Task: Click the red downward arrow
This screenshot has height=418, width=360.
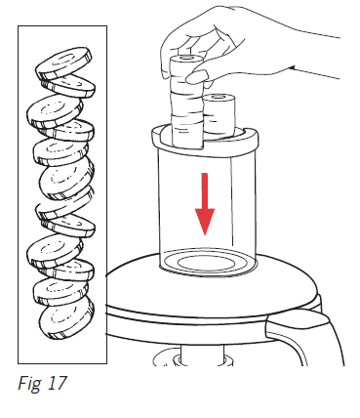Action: click(x=205, y=203)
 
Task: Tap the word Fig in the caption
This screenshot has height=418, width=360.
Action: click(x=29, y=384)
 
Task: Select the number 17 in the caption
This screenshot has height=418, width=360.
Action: click(x=58, y=383)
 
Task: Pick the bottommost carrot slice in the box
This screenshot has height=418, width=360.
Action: click(x=66, y=315)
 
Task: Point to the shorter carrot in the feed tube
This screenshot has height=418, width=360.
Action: click(x=219, y=114)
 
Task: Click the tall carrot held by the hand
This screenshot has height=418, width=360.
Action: click(x=186, y=101)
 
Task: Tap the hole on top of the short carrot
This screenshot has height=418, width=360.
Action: click(x=220, y=97)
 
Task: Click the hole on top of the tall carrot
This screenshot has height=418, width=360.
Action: click(x=186, y=59)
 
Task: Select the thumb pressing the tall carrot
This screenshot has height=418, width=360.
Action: click(x=197, y=77)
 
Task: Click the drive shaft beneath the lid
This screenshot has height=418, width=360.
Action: click(x=202, y=355)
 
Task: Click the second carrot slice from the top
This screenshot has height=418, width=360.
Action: click(x=68, y=85)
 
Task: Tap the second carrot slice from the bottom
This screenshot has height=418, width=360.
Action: click(x=60, y=290)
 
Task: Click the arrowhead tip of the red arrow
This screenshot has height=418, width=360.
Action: click(x=205, y=235)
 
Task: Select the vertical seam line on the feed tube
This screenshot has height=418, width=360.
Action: click(x=232, y=202)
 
